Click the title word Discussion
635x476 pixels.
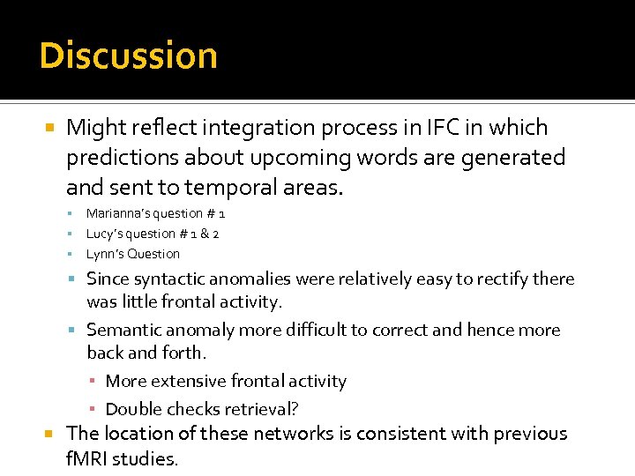(x=129, y=56)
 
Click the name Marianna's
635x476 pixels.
(x=116, y=213)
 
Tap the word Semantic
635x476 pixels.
(x=123, y=331)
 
